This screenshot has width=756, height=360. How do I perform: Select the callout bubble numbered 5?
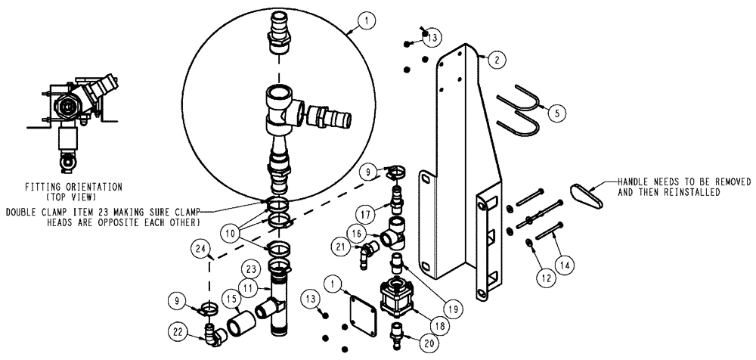(556, 113)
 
